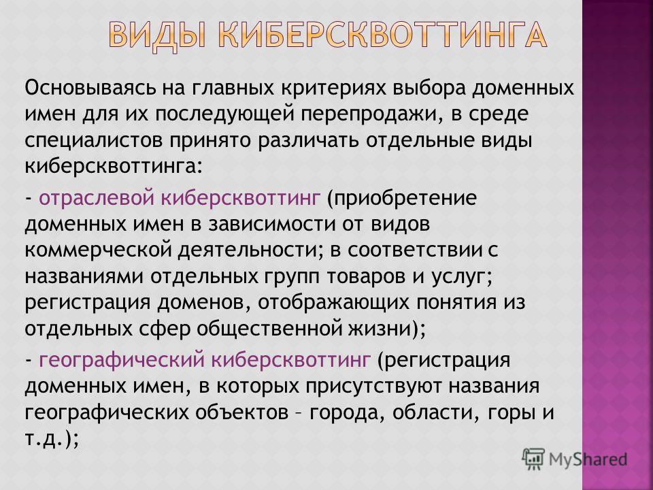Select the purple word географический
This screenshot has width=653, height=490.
pyautogui.click(x=122, y=359)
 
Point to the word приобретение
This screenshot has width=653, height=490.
pyautogui.click(x=401, y=198)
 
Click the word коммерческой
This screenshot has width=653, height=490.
pyautogui.click(x=99, y=250)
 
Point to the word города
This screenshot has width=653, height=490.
pyautogui.click(x=345, y=413)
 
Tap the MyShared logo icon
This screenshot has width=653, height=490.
pyautogui.click(x=533, y=459)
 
